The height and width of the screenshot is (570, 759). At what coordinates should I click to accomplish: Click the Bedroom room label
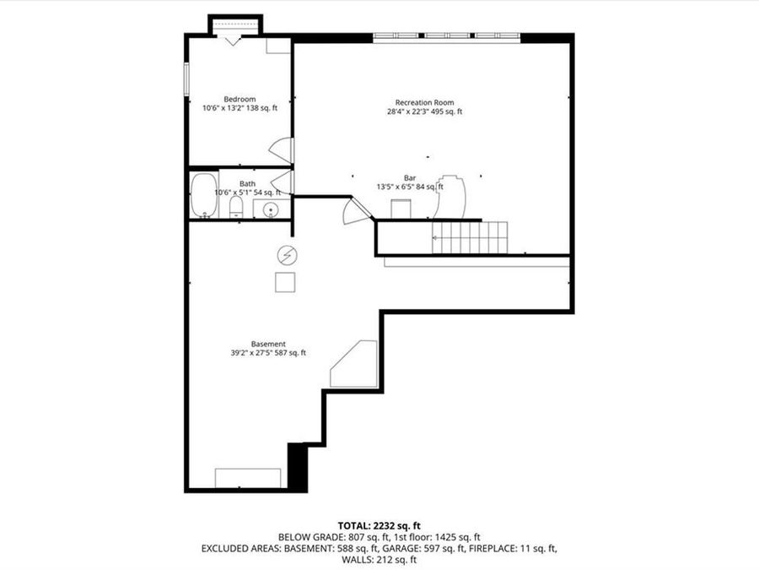pos(240,99)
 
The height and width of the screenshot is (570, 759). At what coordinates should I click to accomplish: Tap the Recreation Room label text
pos(424,102)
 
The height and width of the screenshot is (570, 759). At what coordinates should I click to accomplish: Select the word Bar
pos(410,177)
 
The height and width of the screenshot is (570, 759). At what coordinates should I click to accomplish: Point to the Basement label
pos(268,344)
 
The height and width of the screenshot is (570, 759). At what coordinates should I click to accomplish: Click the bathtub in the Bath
pos(203,195)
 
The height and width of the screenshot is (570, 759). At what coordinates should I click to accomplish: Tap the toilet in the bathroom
pos(235,208)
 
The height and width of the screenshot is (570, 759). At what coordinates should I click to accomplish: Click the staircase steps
pos(471,237)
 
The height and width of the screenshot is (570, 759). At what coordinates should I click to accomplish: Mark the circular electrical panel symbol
pos(287,254)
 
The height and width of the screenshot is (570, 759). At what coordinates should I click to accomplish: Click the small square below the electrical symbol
pos(285,282)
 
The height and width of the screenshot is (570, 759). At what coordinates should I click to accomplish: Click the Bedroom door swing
pos(282,150)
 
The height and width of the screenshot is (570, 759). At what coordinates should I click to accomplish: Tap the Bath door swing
pos(283,182)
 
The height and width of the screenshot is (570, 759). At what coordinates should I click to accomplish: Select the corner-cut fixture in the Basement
pos(354,364)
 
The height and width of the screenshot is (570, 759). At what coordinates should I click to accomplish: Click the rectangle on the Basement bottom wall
pos(248,477)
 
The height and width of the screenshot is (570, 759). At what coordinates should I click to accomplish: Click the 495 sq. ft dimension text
pos(447,111)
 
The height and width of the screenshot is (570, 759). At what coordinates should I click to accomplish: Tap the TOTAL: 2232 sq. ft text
pos(379,524)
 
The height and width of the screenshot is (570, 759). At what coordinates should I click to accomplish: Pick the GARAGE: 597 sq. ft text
pos(439,548)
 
